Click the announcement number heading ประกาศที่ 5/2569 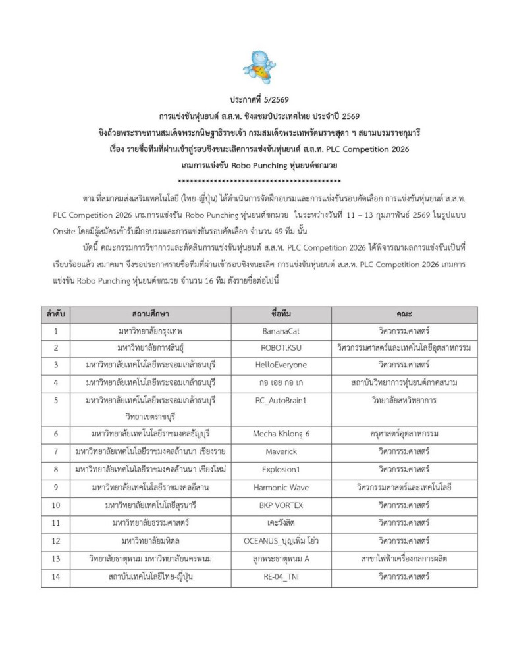254,101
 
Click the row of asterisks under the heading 259,163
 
